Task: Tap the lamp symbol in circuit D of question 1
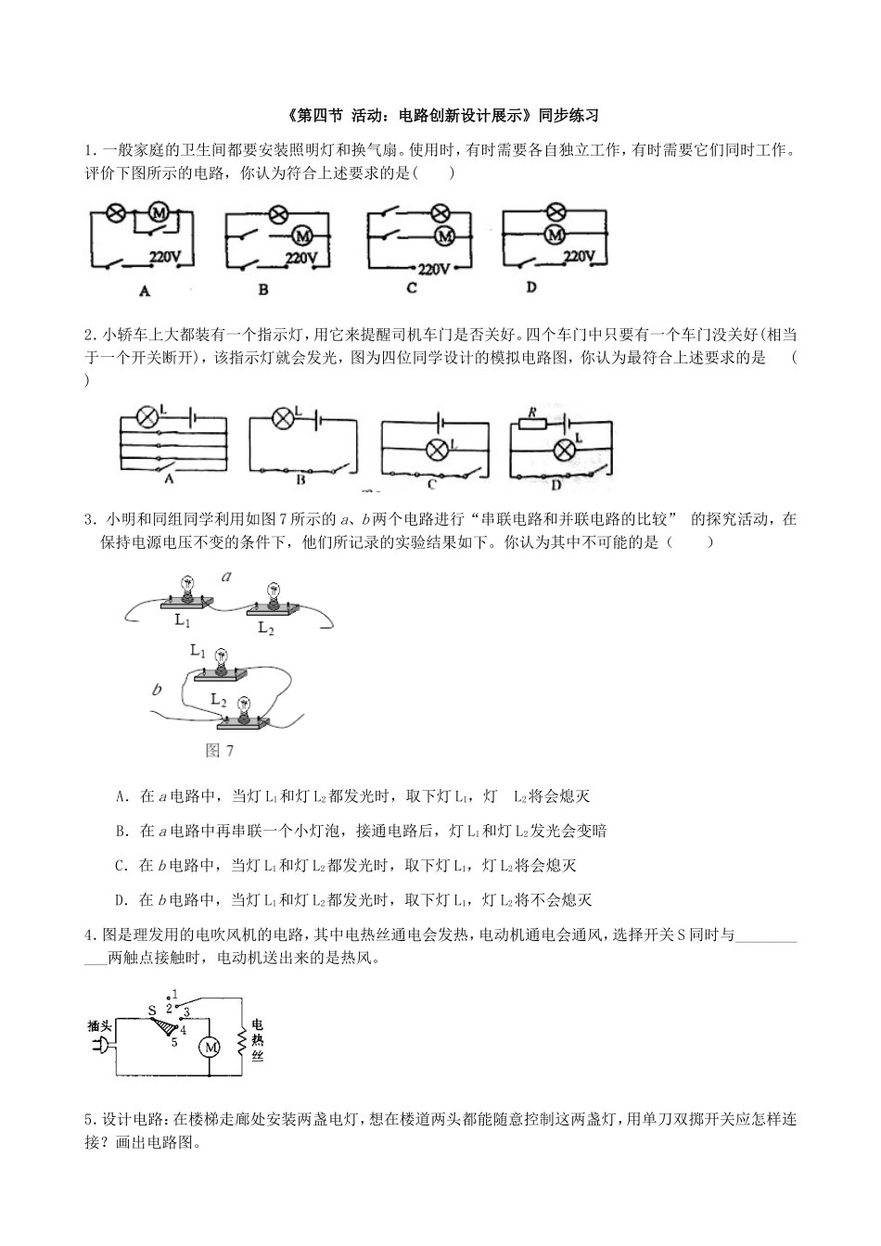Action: click(555, 211)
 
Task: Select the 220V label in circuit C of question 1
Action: click(433, 270)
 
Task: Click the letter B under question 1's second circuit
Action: click(263, 290)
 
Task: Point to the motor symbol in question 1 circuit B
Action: click(300, 235)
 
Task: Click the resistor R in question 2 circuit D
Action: click(532, 423)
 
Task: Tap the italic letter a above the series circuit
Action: click(225, 577)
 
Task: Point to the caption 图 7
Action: click(220, 751)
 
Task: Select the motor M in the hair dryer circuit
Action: click(210, 1047)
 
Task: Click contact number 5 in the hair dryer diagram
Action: click(174, 1043)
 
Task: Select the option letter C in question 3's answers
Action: click(120, 866)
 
